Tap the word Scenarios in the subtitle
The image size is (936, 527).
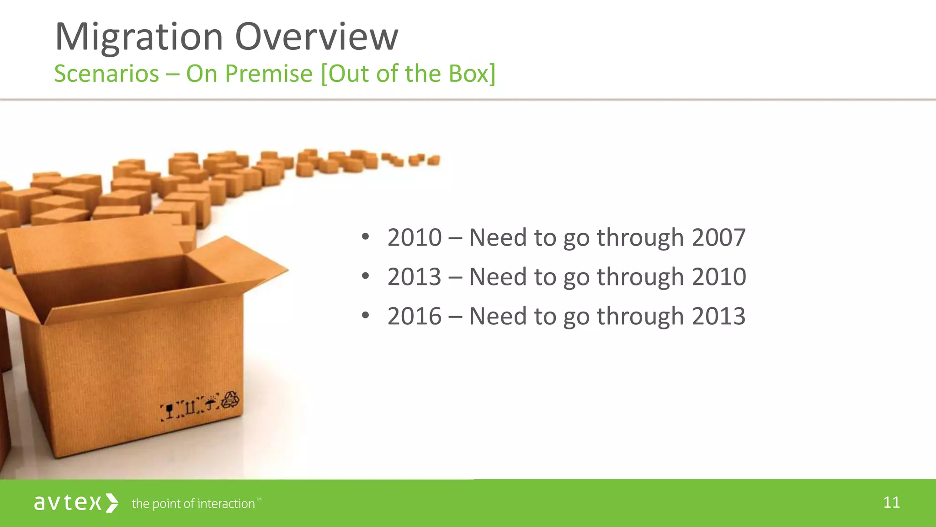[106, 74]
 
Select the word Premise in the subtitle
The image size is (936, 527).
[269, 74]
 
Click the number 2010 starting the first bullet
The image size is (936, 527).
[415, 238]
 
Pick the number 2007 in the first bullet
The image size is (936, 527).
[718, 238]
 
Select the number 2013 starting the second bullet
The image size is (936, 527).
[415, 277]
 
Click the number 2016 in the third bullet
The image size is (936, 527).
[415, 317]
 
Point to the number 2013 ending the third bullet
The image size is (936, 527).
[718, 317]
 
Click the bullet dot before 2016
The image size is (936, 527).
[365, 316]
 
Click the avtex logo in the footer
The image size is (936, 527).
[68, 503]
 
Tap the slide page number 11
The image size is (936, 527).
[891, 503]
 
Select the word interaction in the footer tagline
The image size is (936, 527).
[226, 504]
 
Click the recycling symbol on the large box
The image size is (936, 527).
[230, 400]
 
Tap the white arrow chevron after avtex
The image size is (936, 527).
[112, 503]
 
